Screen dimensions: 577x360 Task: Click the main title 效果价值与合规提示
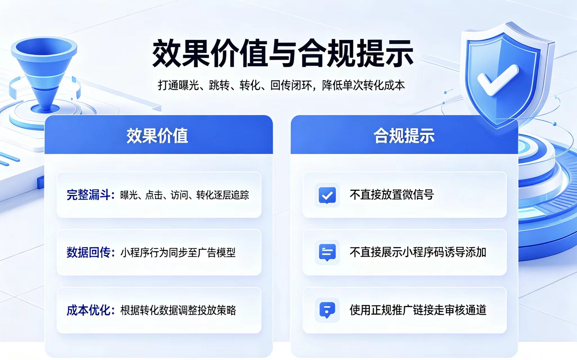tap(283, 53)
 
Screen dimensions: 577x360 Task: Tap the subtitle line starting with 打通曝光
tap(281, 85)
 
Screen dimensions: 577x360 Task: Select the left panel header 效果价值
tap(157, 136)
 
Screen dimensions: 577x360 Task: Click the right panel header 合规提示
tap(404, 136)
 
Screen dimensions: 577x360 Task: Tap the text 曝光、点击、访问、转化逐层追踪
tap(184, 195)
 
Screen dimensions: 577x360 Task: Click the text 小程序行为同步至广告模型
tap(178, 253)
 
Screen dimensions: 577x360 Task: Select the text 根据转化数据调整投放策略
tap(178, 310)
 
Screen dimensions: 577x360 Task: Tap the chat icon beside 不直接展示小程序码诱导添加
tap(327, 252)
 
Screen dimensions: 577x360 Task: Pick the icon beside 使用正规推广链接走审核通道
tap(327, 310)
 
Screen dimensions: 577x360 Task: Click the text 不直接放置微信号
tap(392, 195)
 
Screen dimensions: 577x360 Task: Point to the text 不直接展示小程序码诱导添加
tap(418, 252)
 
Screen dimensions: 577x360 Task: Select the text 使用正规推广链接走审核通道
tap(418, 310)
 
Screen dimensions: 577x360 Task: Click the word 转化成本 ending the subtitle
tap(384, 85)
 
